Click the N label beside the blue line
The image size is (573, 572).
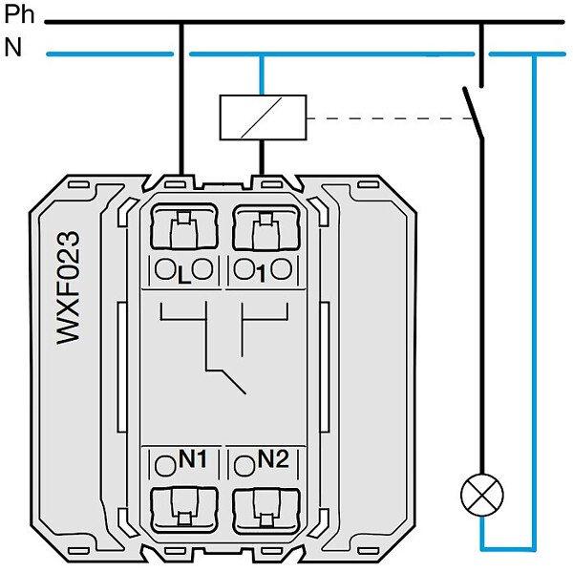point(12,48)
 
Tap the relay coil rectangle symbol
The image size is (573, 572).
point(263,117)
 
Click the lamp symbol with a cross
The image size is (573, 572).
point(483,495)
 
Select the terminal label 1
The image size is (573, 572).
point(260,272)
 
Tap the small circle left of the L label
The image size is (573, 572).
point(163,268)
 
